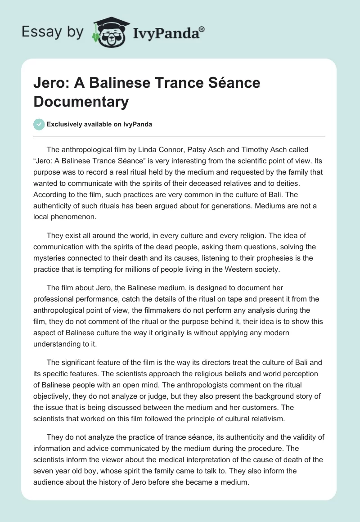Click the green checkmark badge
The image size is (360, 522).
coord(39,124)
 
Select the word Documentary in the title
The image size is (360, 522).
coord(81,102)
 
